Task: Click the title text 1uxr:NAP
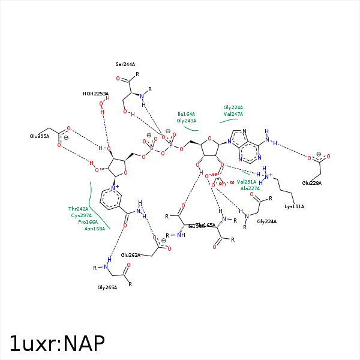point(58,343)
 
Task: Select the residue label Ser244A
point(125,64)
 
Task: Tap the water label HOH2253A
point(96,94)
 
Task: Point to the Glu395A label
point(39,136)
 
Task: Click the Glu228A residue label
point(312,183)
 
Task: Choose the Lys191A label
point(294,206)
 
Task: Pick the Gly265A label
point(107,287)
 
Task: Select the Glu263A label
point(131,255)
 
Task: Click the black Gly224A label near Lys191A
point(267,221)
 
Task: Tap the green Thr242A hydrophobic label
point(79,209)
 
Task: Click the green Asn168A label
point(95,229)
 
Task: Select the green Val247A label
point(233,114)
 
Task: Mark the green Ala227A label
point(250,188)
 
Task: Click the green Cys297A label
point(81,215)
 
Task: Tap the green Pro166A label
point(88,222)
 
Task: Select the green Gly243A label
point(187,121)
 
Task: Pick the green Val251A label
point(247,181)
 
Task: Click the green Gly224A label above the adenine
point(233,107)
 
